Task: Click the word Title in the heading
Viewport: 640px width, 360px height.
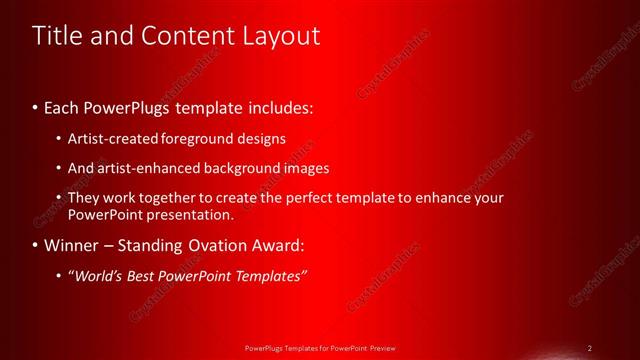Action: point(57,36)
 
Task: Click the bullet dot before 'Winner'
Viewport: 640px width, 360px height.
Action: point(36,245)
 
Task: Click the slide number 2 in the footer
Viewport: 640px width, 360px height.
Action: point(590,348)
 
